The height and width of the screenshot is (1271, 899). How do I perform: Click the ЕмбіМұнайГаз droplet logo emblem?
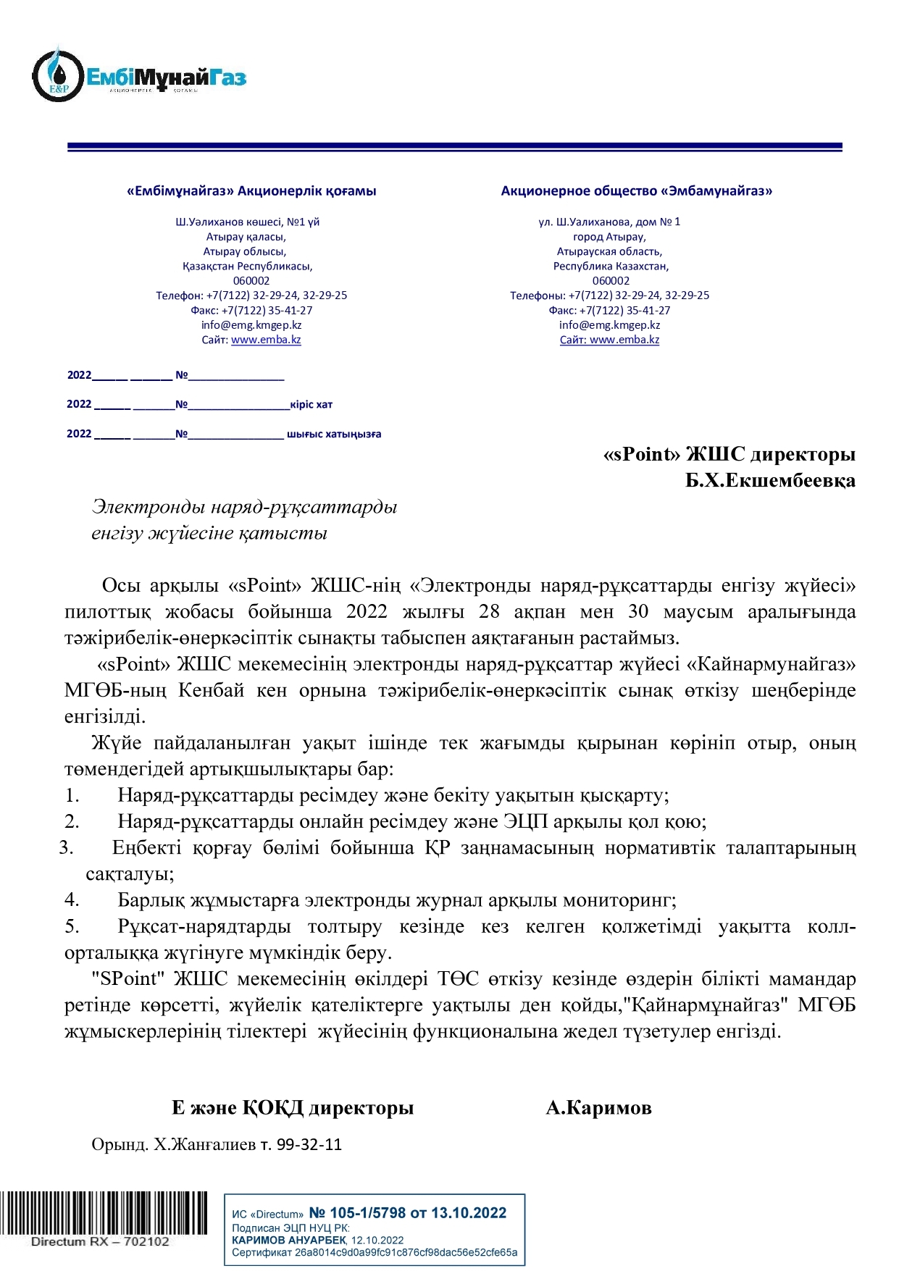coord(57,75)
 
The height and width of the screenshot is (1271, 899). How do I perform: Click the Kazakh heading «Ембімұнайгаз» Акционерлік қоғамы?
coord(251,191)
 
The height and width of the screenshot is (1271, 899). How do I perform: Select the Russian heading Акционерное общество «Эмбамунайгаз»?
coord(636,191)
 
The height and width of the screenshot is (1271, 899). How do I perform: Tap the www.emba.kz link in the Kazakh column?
coord(266,340)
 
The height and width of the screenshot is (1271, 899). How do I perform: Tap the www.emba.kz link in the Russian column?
coord(624,340)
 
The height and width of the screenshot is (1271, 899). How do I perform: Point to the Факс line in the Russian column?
coord(609,310)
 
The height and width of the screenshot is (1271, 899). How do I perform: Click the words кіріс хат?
coord(311,405)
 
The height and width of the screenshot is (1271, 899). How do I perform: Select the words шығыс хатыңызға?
coord(334,435)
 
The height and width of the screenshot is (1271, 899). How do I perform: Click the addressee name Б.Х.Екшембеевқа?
coord(770,481)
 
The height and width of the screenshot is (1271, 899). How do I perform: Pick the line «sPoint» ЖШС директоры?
coord(729,455)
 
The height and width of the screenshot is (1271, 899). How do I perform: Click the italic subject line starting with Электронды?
coord(244,507)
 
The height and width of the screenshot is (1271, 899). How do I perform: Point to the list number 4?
coord(72,900)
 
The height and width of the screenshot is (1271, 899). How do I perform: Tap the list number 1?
coord(72,796)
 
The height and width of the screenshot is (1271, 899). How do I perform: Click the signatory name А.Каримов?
coord(598,1107)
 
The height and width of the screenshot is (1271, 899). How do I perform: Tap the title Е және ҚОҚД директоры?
coord(293,1107)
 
